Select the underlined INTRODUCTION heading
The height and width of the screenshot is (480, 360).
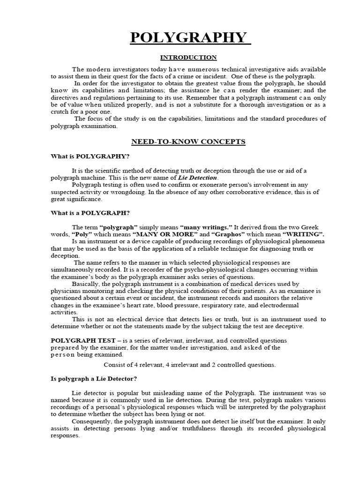pyautogui.click(x=188, y=58)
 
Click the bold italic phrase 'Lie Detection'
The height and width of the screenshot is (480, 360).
pyautogui.click(x=198, y=178)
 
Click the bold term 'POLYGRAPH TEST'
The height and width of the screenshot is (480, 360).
pyautogui.click(x=77, y=340)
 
